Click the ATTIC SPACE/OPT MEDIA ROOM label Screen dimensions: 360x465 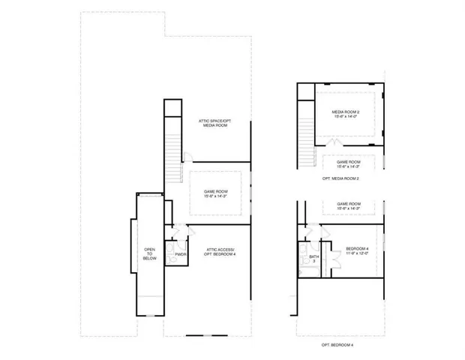pos(214,123)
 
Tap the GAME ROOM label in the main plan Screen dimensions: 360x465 pos(214,191)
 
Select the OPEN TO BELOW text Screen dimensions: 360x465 pos(148,254)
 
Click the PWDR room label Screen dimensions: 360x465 pos(180,253)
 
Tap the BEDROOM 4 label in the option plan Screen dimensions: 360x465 pos(356,248)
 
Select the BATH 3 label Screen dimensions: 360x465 pos(313,259)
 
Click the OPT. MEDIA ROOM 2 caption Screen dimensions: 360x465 pos(341,179)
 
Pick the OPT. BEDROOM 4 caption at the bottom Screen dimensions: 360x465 pos(337,344)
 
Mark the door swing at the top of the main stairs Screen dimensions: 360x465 pos(187,157)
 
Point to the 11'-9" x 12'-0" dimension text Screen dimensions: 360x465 pos(356,253)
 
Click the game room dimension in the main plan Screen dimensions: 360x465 pos(214,196)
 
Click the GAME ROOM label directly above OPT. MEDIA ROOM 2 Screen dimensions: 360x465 pos(349,162)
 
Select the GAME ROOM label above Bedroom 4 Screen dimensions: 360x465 pos(349,204)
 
